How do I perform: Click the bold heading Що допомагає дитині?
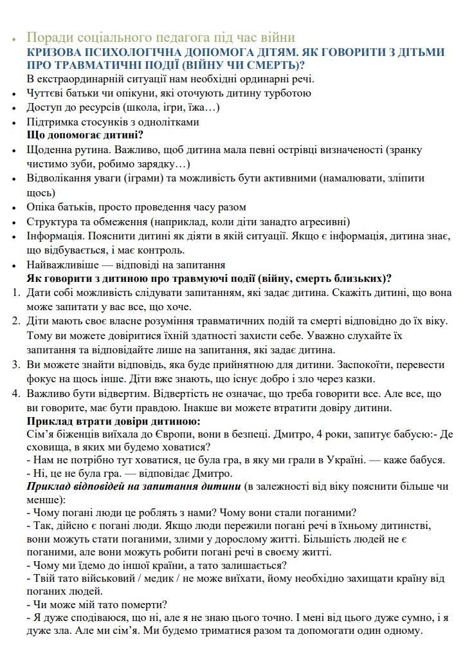(x=84, y=135)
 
